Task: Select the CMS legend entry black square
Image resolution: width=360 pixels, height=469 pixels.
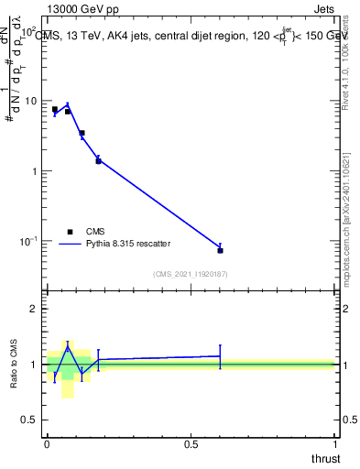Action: click(70, 232)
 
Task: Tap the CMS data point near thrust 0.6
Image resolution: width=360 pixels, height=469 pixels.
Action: click(220, 250)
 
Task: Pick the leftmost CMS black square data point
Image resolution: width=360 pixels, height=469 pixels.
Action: click(55, 109)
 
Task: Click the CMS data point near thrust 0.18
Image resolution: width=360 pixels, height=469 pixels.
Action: click(98, 160)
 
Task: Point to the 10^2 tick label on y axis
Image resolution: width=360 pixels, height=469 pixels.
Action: click(29, 31)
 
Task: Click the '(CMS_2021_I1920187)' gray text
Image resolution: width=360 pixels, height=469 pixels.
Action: click(190, 274)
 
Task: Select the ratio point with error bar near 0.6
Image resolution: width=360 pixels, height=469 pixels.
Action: click(220, 356)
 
